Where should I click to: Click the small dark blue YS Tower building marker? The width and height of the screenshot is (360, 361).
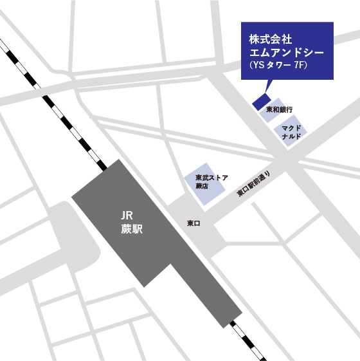point(260,102)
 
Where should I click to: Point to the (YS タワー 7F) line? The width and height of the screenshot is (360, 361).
point(274,66)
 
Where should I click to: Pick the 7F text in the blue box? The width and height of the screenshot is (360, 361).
point(296,66)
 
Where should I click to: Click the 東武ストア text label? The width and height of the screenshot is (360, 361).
point(212,176)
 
